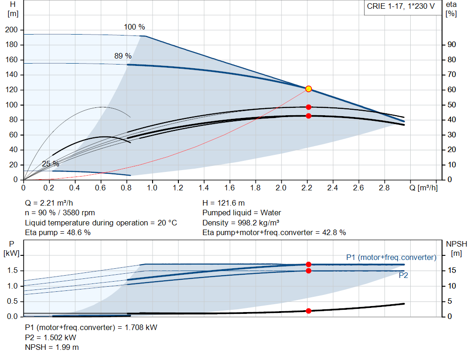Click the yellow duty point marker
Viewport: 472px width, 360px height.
point(308,89)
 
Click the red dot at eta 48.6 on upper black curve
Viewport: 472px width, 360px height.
point(308,107)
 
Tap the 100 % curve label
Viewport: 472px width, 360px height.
point(134,27)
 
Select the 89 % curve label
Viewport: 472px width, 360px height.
point(123,56)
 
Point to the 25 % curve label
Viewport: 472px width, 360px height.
point(50,164)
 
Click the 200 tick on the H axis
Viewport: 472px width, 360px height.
point(11,30)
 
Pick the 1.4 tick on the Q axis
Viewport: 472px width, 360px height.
point(204,188)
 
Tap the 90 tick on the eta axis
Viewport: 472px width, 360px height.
point(451,45)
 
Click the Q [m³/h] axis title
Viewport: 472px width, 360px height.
point(423,188)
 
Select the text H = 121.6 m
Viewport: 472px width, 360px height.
point(223,203)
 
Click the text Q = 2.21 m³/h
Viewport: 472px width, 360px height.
point(49,203)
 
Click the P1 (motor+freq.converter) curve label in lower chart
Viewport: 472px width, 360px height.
point(391,257)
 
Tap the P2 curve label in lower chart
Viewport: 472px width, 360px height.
point(403,276)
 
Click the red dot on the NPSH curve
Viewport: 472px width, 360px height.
point(308,311)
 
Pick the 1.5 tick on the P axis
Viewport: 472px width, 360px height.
point(12,271)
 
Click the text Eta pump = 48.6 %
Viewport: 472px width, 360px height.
point(58,232)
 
